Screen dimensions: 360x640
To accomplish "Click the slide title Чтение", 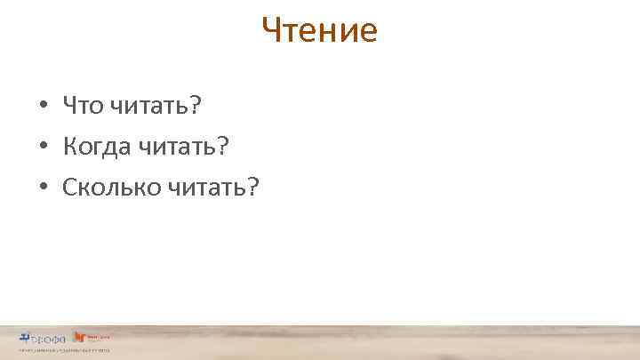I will coord(320,31).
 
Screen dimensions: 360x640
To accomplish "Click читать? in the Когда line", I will coord(182,147).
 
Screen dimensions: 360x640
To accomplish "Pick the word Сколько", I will coord(109,187).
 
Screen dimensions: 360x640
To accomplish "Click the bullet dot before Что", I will coord(43,108).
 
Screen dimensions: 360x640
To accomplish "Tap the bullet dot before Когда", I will coord(43,148).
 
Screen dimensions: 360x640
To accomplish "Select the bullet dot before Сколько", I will coord(43,188).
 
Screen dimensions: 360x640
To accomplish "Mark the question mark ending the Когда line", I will coord(223,146).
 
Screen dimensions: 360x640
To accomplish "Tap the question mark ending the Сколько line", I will coord(252,186).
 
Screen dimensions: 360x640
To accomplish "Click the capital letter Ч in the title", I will coord(271,32).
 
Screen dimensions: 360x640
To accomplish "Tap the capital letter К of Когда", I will coord(69,147).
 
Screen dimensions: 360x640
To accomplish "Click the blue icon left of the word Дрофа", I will coord(24,337).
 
